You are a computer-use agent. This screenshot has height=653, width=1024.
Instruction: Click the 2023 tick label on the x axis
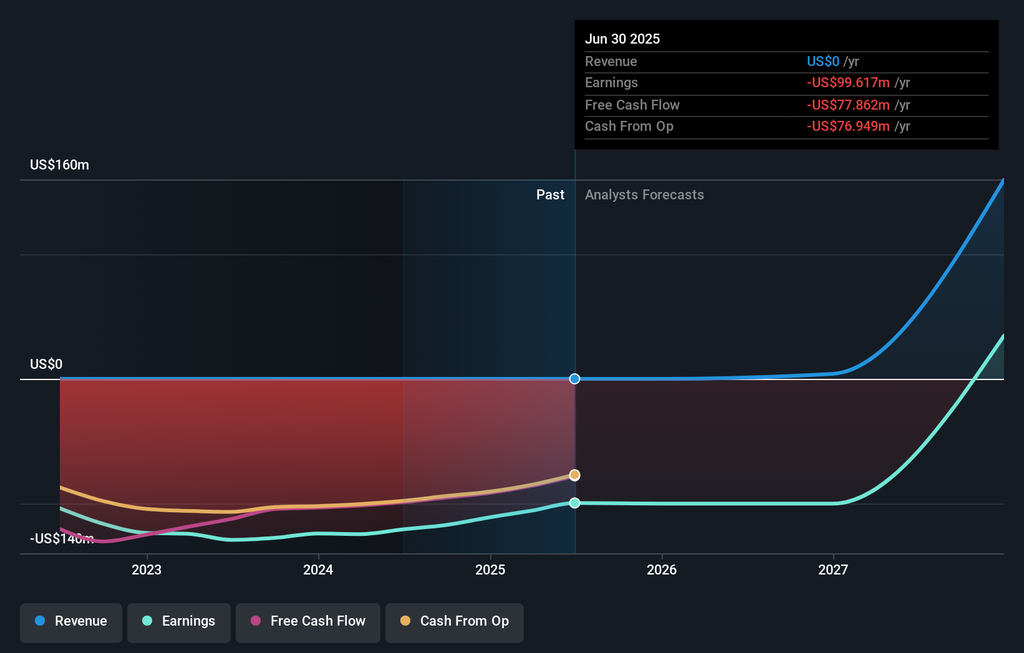click(147, 570)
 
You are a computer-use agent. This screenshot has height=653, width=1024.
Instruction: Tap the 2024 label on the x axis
click(318, 570)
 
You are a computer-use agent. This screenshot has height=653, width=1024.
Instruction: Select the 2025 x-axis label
click(490, 570)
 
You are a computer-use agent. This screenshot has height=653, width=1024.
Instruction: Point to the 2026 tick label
click(662, 570)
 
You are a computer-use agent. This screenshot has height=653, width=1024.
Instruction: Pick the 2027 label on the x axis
click(833, 570)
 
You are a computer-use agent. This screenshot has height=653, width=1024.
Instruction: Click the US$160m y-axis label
click(59, 165)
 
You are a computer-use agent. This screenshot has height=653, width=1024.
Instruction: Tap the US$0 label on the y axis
click(46, 365)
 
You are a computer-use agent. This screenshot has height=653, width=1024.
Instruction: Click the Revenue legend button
click(71, 621)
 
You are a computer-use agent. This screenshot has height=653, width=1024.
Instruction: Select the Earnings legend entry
click(179, 621)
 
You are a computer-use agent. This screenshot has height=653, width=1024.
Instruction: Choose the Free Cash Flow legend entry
click(308, 621)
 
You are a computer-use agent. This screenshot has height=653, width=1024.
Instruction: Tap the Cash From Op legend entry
click(455, 621)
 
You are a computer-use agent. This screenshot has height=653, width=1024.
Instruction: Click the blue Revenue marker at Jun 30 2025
click(575, 379)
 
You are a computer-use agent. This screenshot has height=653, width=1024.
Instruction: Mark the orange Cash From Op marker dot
click(575, 475)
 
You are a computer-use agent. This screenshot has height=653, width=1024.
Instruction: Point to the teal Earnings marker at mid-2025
click(575, 503)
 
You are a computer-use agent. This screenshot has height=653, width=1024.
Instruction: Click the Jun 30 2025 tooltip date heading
click(622, 39)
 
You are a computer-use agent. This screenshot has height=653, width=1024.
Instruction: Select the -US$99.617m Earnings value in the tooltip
click(848, 83)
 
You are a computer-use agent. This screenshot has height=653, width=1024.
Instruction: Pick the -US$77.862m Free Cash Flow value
click(848, 105)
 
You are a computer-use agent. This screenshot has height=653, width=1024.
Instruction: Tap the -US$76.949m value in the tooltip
click(848, 126)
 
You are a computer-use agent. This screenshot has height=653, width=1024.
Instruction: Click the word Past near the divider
click(550, 195)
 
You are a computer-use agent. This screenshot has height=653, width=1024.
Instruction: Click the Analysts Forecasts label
click(644, 195)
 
